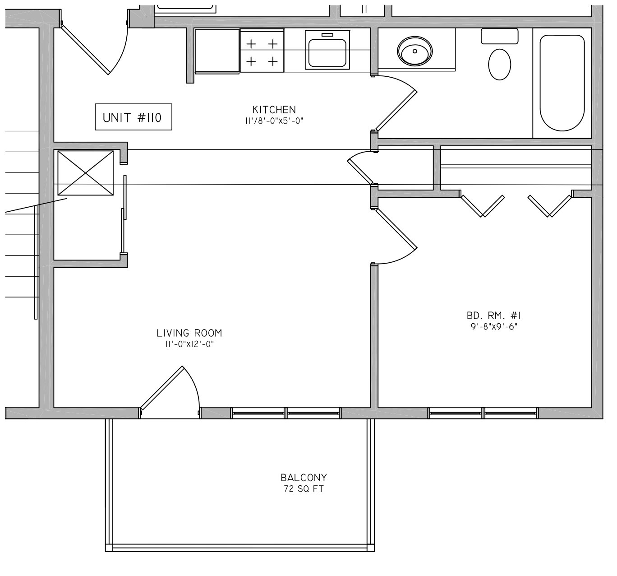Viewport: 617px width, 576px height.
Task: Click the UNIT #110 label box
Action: coord(134,117)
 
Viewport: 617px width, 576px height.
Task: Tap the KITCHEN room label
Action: coord(274,110)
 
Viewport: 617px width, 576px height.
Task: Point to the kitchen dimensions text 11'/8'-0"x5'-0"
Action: coord(274,121)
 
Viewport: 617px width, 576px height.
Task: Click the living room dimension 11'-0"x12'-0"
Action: coord(189,344)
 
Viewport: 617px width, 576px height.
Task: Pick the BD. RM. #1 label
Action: coord(494,316)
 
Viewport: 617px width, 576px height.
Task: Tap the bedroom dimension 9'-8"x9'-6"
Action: coord(494,326)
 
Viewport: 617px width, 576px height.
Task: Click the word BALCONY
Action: coord(304,478)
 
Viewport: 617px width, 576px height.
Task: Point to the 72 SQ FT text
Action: coord(304,488)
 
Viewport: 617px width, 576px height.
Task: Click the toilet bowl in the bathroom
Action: coord(500,65)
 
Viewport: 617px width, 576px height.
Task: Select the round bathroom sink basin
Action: coord(415,51)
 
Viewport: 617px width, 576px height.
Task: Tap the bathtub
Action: coord(562,83)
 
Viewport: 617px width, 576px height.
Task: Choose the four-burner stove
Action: coord(262,51)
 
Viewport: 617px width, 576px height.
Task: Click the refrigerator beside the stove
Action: coord(217,51)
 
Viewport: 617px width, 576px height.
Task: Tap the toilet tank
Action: coord(500,37)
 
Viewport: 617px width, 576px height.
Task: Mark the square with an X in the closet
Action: coord(85,173)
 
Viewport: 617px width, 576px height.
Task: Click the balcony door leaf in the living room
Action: coord(161,388)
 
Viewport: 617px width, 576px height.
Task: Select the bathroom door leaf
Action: coord(396,111)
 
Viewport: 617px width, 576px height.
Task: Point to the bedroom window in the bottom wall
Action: coord(483,413)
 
